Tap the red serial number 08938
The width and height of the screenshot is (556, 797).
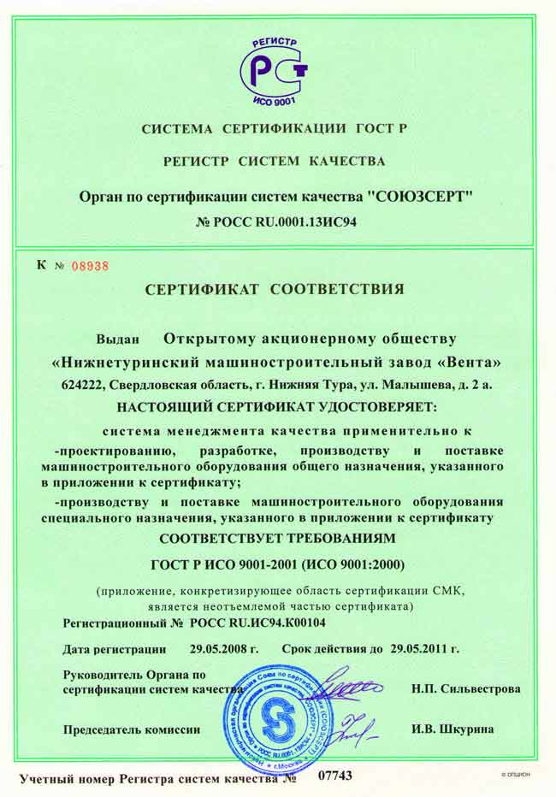pyautogui.click(x=91, y=266)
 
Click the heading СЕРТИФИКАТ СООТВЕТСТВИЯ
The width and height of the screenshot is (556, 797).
pyautogui.click(x=275, y=290)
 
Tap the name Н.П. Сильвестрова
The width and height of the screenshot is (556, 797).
pyautogui.click(x=465, y=688)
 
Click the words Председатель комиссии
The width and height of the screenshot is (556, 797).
pyautogui.click(x=132, y=730)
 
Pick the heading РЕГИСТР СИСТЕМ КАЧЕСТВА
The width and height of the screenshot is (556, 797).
pyautogui.click(x=275, y=161)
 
